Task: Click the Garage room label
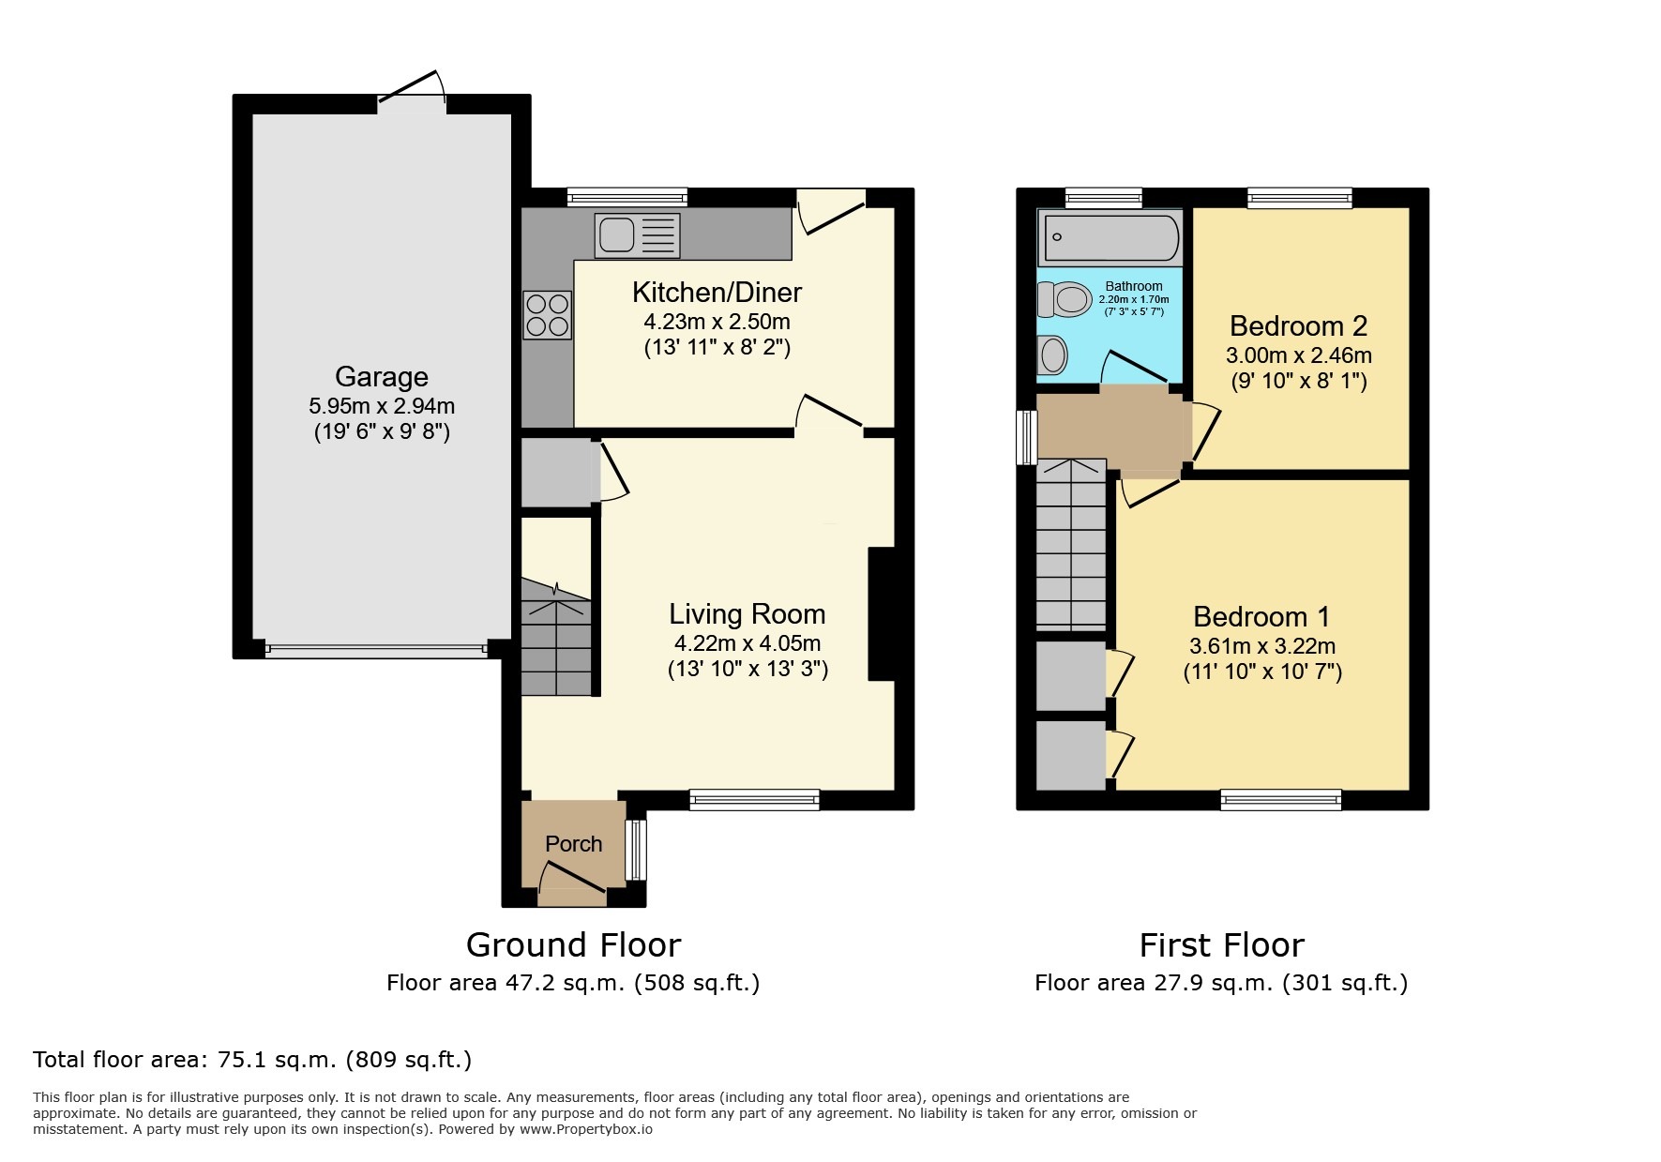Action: pyautogui.click(x=382, y=377)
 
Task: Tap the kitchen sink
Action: pyautogui.click(x=637, y=234)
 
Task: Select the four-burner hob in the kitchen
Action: pyautogui.click(x=548, y=315)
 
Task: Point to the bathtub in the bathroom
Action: pyautogui.click(x=1111, y=238)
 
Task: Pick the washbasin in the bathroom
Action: pyautogui.click(x=1052, y=355)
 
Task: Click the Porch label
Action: pyautogui.click(x=573, y=844)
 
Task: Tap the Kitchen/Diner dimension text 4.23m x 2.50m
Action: pyautogui.click(x=717, y=322)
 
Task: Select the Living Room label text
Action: pyautogui.click(x=747, y=614)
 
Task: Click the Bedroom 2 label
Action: pyautogui.click(x=1298, y=326)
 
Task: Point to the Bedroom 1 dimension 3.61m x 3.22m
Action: pyautogui.click(x=1262, y=646)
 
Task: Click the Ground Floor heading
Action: pyautogui.click(x=573, y=944)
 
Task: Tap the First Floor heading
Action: pyautogui.click(x=1221, y=944)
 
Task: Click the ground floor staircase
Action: pyautogui.click(x=557, y=638)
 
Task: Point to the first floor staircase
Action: pyautogui.click(x=1071, y=544)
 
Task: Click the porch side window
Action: pyautogui.click(x=636, y=851)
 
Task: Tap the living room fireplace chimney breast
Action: pyautogui.click(x=882, y=613)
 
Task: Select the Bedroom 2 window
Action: pyautogui.click(x=1299, y=198)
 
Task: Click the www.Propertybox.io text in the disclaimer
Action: pyautogui.click(x=586, y=1129)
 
